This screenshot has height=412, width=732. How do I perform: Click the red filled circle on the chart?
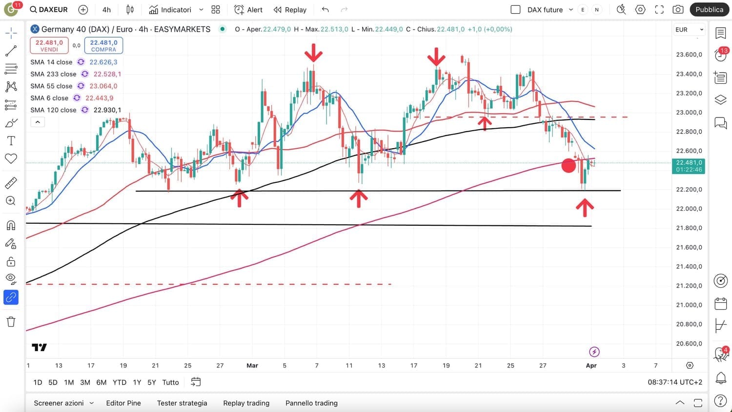(x=569, y=166)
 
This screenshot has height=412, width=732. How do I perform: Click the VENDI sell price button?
(x=49, y=45)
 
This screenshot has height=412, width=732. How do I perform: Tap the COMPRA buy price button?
(x=103, y=45)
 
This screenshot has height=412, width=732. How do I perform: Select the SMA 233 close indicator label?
(x=53, y=74)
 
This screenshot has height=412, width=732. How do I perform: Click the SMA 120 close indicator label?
(x=53, y=110)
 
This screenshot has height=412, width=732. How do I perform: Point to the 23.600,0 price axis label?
(x=689, y=55)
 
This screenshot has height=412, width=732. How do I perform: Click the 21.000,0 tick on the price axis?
(x=689, y=305)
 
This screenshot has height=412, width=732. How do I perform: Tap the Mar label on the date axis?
(x=252, y=366)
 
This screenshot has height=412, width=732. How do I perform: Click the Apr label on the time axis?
(x=591, y=366)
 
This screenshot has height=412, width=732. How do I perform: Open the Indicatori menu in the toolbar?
(x=171, y=10)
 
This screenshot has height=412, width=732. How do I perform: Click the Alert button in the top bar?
(x=248, y=10)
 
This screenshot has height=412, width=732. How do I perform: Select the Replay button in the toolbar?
(x=290, y=10)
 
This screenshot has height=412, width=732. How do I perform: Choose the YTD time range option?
(x=120, y=382)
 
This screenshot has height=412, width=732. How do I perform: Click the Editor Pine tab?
(x=123, y=403)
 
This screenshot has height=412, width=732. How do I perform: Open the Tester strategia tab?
(x=182, y=403)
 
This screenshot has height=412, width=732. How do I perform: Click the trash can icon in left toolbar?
(x=11, y=322)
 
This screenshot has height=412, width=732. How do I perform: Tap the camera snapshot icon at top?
(x=678, y=10)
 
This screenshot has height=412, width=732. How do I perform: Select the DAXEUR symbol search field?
(x=49, y=10)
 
